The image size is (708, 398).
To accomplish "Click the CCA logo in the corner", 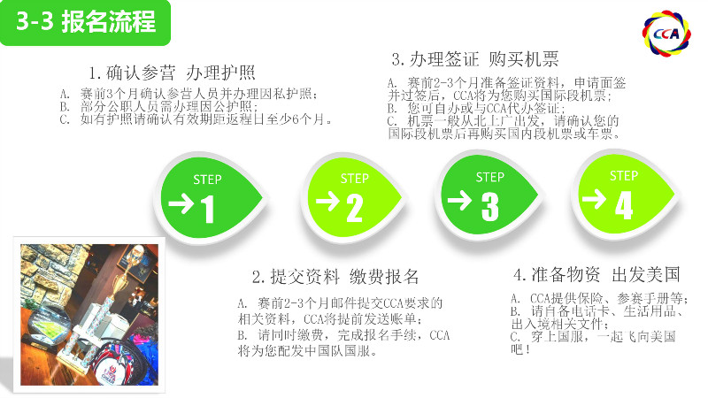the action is coord(666,34).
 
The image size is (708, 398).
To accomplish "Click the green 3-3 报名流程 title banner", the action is coord(85,23).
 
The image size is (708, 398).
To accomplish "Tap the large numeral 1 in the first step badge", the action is coord(207,209).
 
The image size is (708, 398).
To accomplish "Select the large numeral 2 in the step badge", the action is coord(355,208).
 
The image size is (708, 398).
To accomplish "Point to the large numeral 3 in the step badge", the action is coord(490,207).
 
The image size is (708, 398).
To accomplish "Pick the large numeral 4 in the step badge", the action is coord(624,205).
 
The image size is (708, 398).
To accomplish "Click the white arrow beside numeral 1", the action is coord(181,203).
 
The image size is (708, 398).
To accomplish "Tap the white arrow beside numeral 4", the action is coord(594,199).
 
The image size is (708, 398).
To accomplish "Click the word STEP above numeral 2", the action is coord(355,179).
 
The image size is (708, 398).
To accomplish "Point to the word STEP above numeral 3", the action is coord(490,178).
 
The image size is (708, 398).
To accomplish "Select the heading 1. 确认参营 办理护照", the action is coord(172,73).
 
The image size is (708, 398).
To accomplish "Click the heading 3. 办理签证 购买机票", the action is coord(475,59).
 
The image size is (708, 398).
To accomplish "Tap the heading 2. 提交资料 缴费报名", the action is coord(335,277).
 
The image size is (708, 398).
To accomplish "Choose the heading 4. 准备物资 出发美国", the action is coord(596,274).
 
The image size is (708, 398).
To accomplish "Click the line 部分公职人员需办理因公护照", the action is coord(158,106).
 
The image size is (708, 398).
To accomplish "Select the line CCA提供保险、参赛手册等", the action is coord(600,298).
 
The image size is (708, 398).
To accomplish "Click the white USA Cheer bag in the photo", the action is coord(113,363).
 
